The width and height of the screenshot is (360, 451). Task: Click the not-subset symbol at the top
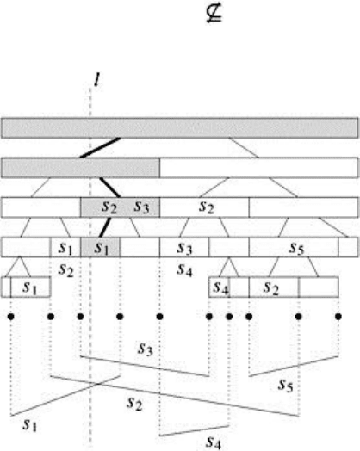click(x=214, y=14)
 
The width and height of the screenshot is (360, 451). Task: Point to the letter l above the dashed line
click(x=97, y=80)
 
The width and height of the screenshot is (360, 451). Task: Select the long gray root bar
click(x=180, y=127)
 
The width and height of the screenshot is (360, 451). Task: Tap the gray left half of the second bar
click(x=81, y=168)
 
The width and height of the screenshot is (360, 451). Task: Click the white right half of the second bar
click(x=259, y=168)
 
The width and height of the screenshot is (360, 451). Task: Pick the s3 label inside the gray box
click(x=142, y=207)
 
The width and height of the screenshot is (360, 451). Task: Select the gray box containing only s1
click(x=101, y=247)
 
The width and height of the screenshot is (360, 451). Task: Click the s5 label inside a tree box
click(x=296, y=248)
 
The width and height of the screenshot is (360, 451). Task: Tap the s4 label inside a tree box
click(x=220, y=287)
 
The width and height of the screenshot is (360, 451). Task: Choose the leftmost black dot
click(x=11, y=317)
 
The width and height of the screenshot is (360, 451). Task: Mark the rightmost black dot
click(x=338, y=317)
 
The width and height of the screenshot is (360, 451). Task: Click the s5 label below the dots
click(x=285, y=385)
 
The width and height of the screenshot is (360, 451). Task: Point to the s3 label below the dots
click(x=146, y=349)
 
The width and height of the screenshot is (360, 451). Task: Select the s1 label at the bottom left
click(x=29, y=424)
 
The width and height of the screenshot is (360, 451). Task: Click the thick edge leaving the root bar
click(x=100, y=148)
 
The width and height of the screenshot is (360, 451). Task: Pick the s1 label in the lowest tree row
click(x=30, y=287)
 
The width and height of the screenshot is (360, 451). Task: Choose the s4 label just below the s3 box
click(x=185, y=269)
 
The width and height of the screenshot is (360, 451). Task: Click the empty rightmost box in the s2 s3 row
click(x=304, y=207)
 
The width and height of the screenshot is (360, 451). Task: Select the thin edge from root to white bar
click(x=244, y=148)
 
